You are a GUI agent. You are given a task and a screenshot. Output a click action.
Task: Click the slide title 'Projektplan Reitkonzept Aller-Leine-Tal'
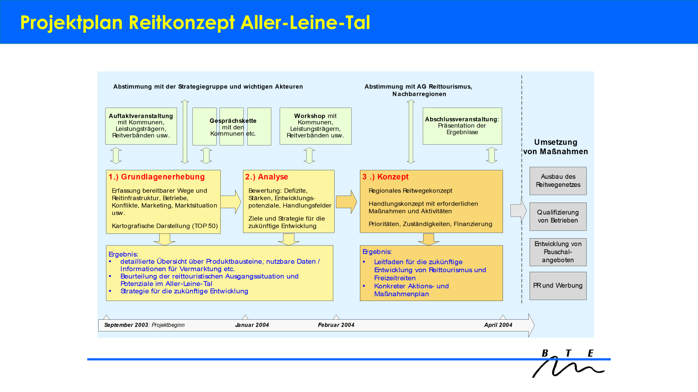[x=195, y=23]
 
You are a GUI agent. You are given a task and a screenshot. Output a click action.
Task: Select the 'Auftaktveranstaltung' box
[x=141, y=126]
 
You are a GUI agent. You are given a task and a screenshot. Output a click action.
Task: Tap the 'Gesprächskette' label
[x=233, y=121]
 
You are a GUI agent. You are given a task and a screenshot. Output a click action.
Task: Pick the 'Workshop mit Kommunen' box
[x=315, y=126]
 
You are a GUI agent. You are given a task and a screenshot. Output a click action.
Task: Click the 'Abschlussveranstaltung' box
[x=462, y=126]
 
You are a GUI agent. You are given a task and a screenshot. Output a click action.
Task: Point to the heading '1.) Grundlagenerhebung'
[x=157, y=177]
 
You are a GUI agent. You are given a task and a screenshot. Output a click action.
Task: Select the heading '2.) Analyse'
[x=267, y=177]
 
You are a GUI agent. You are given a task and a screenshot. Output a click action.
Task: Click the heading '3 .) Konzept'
[x=385, y=177]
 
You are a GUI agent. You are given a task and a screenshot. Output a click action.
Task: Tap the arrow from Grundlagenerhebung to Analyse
[x=231, y=202]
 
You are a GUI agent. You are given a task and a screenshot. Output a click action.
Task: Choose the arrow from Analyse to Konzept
[x=347, y=202]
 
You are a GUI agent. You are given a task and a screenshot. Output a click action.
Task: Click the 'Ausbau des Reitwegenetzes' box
[x=558, y=181]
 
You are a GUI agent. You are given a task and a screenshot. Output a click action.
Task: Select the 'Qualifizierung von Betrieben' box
[x=558, y=216]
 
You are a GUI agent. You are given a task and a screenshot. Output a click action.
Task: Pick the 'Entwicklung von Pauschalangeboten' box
[x=558, y=252]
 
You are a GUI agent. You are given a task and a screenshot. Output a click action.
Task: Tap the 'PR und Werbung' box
[x=558, y=286]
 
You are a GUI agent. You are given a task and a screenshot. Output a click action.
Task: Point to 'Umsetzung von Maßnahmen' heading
[x=555, y=147]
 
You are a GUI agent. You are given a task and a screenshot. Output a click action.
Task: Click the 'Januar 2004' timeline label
[x=252, y=325]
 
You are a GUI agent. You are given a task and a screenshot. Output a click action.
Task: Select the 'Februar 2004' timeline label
[x=336, y=325]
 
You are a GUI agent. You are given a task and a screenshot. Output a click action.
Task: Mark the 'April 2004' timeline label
[x=498, y=325]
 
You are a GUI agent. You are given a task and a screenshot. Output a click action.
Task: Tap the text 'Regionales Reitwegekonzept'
[x=410, y=191]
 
